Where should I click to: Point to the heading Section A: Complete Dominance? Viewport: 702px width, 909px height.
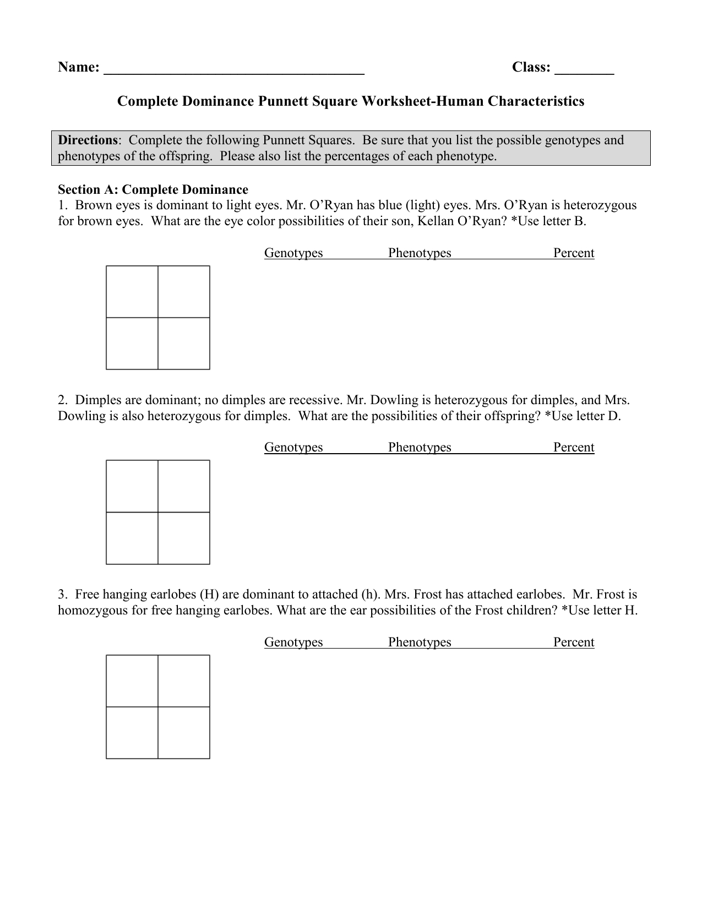pyautogui.click(x=153, y=189)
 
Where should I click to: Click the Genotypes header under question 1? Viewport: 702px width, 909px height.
pyautogui.click(x=293, y=253)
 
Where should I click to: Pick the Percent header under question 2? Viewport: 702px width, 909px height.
pyautogui.click(x=574, y=447)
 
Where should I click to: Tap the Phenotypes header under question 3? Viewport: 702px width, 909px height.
pyautogui.click(x=420, y=642)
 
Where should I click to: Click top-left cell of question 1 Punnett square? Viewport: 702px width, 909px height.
pyautogui.click(x=132, y=292)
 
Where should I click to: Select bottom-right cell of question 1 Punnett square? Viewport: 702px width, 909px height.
pyautogui.click(x=184, y=344)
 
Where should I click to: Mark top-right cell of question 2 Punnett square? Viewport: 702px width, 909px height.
pyautogui.click(x=184, y=486)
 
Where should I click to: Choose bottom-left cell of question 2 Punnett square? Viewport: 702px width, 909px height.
pyautogui.click(x=132, y=538)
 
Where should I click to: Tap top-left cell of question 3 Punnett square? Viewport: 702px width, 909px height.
pyautogui.click(x=132, y=681)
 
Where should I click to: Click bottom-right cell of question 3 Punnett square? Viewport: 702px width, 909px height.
pyautogui.click(x=184, y=733)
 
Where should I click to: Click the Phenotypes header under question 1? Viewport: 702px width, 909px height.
pyautogui.click(x=420, y=253)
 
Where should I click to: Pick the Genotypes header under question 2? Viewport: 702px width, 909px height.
pyautogui.click(x=293, y=447)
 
